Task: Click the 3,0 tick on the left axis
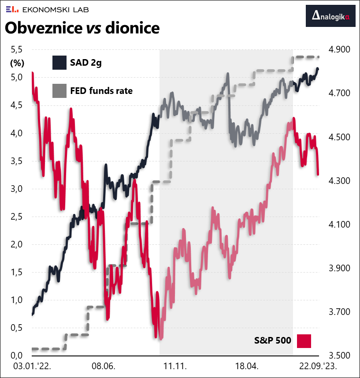pos(17,189)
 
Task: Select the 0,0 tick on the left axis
pos(17,356)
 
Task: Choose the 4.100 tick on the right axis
pos(337,225)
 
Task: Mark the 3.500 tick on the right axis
pos(337,356)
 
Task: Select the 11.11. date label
pos(175,366)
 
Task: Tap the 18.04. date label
pos(245,366)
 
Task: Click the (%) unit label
pos(17,63)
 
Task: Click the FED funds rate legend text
pos(101,91)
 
